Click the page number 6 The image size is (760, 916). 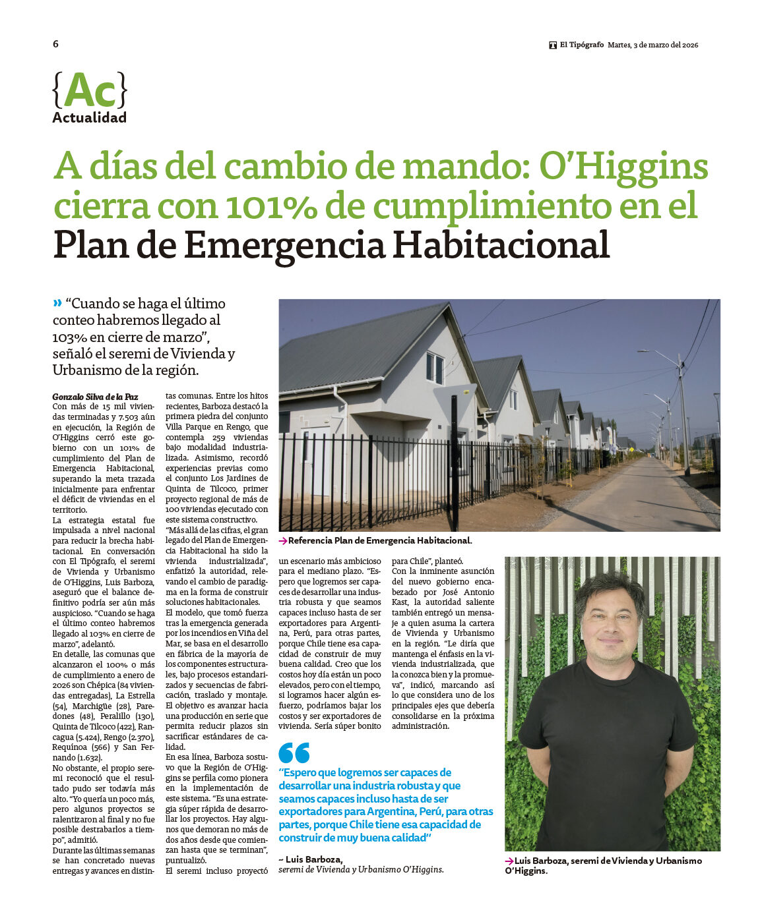[x=55, y=44]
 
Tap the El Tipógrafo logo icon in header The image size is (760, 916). [x=553, y=45]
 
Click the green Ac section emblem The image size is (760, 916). [x=89, y=90]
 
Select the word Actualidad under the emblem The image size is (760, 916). [x=89, y=118]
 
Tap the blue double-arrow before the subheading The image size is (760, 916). [x=57, y=303]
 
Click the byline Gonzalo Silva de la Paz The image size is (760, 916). [x=96, y=397]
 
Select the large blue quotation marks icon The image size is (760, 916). [x=294, y=753]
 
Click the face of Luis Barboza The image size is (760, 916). [x=610, y=621]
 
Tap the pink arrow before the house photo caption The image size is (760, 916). [x=282, y=541]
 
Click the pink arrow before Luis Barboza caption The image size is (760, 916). [x=509, y=861]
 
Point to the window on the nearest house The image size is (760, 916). [x=435, y=367]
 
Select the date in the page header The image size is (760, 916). [x=652, y=45]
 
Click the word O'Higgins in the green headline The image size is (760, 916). [x=623, y=167]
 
